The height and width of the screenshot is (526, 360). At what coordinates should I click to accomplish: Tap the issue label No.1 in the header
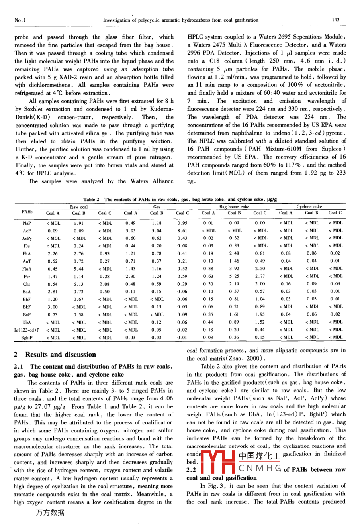pyautogui.click(x=20, y=20)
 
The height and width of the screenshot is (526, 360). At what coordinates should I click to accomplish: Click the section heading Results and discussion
pyautogui.click(x=61, y=355)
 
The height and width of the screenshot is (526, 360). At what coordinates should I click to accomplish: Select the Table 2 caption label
pyautogui.click(x=91, y=199)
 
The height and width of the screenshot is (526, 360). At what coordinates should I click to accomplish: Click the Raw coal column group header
pyautogui.click(x=79, y=207)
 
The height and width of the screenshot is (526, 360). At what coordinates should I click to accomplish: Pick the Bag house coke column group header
pyautogui.click(x=234, y=207)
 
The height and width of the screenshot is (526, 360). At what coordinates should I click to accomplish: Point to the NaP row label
pyautogui.click(x=27, y=224)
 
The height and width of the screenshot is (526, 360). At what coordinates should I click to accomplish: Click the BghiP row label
pyautogui.click(x=27, y=338)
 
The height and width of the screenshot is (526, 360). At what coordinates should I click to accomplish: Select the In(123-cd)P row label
pyautogui.click(x=27, y=330)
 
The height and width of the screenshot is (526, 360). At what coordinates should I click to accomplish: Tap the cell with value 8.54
pyautogui.click(x=53, y=284)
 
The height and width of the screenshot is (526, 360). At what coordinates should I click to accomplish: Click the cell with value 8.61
pyautogui.click(x=182, y=231)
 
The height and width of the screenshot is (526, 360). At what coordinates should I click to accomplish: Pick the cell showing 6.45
pyautogui.click(x=53, y=269)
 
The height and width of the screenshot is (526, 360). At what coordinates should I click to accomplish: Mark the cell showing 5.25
pyautogui.click(x=234, y=277)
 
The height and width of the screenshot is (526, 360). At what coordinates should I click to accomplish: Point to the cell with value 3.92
pyautogui.click(x=234, y=269)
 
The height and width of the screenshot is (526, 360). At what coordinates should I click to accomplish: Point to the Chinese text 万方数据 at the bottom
pyautogui.click(x=49, y=513)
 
